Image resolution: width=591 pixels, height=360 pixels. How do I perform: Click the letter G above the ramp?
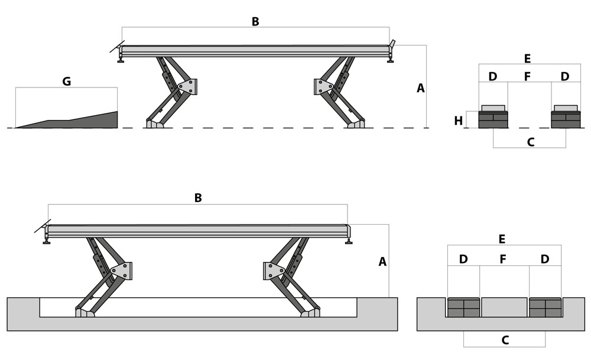(66, 82)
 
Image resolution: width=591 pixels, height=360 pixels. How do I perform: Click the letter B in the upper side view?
(255, 22)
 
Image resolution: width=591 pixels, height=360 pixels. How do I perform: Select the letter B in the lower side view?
(198, 198)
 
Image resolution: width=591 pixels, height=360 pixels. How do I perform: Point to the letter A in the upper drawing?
(421, 88)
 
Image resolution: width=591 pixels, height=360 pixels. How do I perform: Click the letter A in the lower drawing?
(382, 261)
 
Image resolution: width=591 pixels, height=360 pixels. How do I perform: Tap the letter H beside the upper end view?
(459, 121)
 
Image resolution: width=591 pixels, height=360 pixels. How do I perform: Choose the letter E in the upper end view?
(527, 59)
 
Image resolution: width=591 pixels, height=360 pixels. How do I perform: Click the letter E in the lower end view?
(502, 239)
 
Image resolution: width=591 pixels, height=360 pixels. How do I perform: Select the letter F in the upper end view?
(528, 76)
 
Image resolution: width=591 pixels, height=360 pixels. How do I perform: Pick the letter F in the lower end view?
(504, 259)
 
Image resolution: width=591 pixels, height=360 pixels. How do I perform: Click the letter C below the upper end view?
(530, 142)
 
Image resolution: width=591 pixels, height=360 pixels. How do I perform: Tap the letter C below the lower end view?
(505, 340)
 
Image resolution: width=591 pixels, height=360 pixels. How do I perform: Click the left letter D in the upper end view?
(493, 76)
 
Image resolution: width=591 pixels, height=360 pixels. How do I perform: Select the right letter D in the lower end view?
(545, 259)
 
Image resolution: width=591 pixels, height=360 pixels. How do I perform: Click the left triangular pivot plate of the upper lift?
(187, 86)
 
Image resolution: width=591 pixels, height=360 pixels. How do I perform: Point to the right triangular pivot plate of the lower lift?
(273, 271)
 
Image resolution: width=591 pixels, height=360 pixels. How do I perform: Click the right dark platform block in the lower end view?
(545, 308)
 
